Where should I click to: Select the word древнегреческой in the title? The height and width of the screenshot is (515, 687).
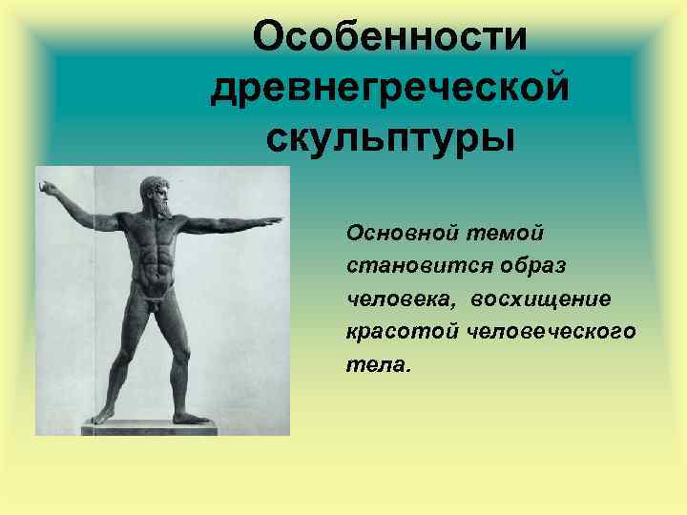pyautogui.click(x=390, y=89)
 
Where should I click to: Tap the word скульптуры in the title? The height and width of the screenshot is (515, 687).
pyautogui.click(x=390, y=139)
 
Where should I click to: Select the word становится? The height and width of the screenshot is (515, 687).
pyautogui.click(x=405, y=266)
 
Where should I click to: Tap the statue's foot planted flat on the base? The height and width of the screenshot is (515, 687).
pyautogui.click(x=191, y=417)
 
